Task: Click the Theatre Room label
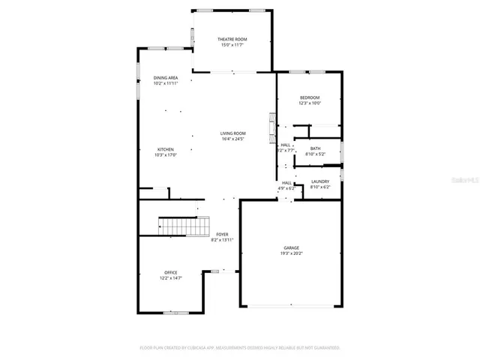[x=232, y=39]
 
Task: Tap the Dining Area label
[x=166, y=78]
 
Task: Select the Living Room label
[x=232, y=133]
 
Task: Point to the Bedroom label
[x=310, y=98]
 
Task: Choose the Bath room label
[x=315, y=148]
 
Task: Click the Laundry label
[x=320, y=181]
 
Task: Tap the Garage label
[x=291, y=247]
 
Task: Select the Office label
[x=171, y=272]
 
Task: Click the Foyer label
[x=223, y=234]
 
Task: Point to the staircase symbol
[x=184, y=225]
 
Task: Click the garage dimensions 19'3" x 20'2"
[x=291, y=253]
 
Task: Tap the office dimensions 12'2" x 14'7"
[x=171, y=277]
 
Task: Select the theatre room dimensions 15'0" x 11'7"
[x=232, y=45]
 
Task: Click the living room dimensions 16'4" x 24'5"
[x=232, y=139]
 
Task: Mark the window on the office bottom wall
[x=176, y=311]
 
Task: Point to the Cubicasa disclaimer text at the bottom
[x=240, y=348]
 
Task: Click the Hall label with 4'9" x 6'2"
[x=287, y=185]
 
